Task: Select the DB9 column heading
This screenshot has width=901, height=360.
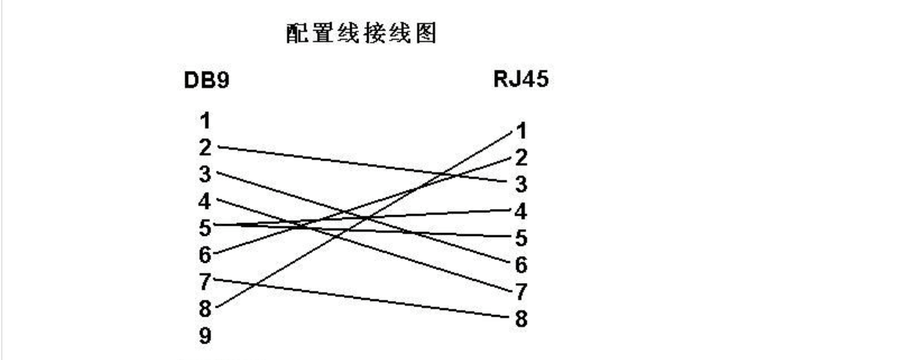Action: pos(203,82)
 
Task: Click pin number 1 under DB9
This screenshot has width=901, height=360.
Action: pos(205,120)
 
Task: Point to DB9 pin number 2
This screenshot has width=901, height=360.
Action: pos(205,146)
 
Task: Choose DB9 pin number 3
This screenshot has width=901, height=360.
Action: pos(205,173)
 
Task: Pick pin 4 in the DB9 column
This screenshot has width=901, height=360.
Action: pos(205,200)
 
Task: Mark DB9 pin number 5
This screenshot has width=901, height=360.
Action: pos(205,226)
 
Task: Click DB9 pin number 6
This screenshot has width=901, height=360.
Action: pos(205,253)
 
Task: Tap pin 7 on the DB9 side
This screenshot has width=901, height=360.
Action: pos(205,280)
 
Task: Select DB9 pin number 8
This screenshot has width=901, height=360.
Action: pos(205,307)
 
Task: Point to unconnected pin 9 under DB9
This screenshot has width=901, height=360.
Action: pos(205,334)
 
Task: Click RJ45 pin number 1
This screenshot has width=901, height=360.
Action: pos(521,131)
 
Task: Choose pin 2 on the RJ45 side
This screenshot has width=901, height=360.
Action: pos(521,158)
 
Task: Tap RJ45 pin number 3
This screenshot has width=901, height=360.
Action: pos(521,184)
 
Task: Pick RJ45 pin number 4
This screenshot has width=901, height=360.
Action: pos(521,211)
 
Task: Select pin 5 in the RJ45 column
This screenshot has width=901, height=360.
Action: pos(521,238)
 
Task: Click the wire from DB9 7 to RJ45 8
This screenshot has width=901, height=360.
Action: pos(358,298)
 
